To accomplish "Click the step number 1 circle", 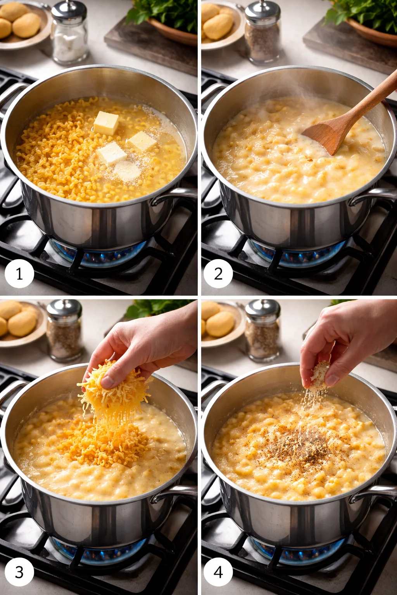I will [19, 274].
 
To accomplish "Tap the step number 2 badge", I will [218, 274].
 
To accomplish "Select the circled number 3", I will [19, 572].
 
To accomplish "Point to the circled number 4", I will [218, 572].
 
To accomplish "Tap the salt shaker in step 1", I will [69, 33].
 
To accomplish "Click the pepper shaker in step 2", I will [262, 33].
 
